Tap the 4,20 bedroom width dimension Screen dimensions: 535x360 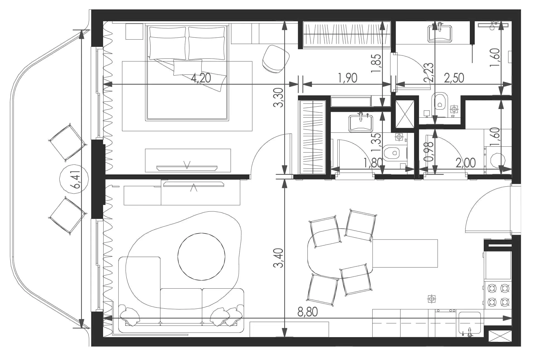[201, 78]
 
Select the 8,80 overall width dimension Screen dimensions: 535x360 [307, 312]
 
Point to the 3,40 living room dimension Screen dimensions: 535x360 [278, 258]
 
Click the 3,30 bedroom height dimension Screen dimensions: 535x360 [278, 98]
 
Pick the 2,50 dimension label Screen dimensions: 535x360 [454, 78]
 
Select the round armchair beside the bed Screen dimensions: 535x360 [276, 59]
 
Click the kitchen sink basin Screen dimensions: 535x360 [470, 323]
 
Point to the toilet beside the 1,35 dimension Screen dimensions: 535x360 [391, 153]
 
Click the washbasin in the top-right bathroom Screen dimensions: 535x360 [440, 33]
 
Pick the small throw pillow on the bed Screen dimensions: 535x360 [188, 67]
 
